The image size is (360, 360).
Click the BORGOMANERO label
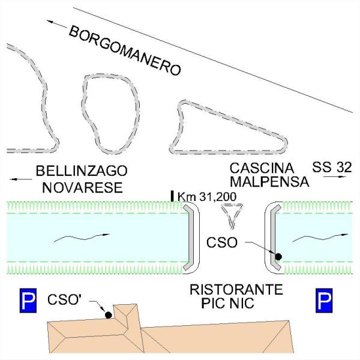[x=125, y=51]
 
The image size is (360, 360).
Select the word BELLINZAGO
[x=82, y=171]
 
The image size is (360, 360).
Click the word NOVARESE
[x=82, y=188]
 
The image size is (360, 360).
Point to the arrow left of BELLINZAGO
[x=21, y=179]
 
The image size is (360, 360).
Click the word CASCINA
[x=262, y=168]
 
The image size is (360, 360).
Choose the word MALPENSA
[x=269, y=182]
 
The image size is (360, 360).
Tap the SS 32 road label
[x=332, y=167]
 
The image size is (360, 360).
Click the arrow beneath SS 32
[x=335, y=176]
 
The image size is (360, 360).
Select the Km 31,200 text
[x=207, y=197]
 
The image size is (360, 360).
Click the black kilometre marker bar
[x=172, y=196]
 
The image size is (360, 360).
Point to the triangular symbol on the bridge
[x=232, y=216]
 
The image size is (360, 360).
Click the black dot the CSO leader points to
[x=278, y=257]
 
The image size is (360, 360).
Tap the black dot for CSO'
[x=109, y=315]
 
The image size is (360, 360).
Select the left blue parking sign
[x=28, y=301]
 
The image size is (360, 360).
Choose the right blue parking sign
[x=324, y=301]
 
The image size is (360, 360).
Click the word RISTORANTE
[x=236, y=290]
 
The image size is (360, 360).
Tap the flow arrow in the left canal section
[x=82, y=238]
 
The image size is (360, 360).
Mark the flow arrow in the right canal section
[x=320, y=238]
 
